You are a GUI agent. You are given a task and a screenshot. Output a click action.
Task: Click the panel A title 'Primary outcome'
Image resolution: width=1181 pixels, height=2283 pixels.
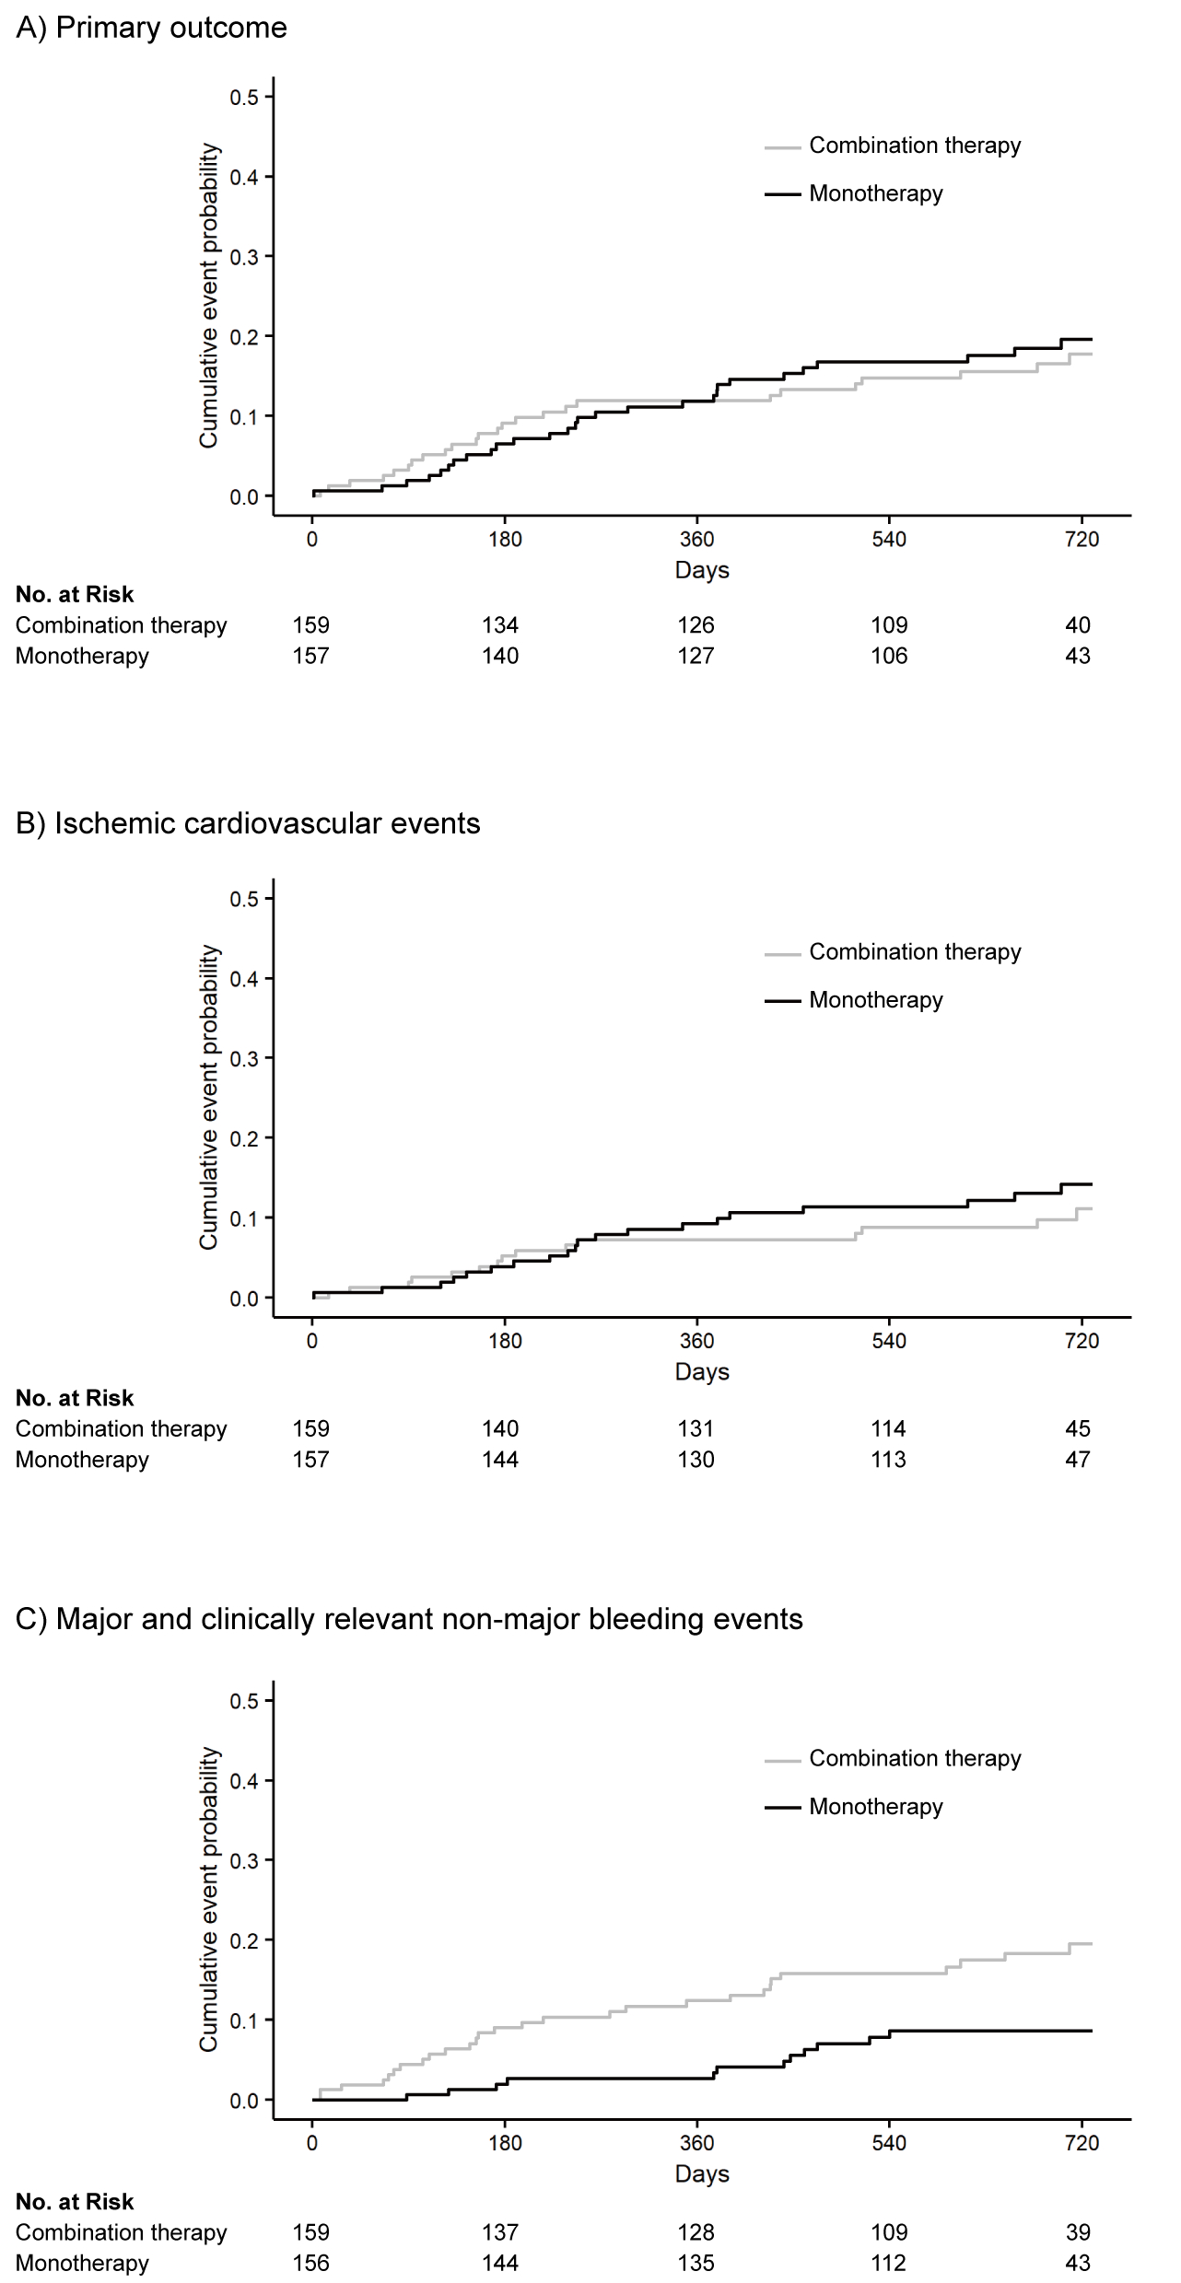[152, 29]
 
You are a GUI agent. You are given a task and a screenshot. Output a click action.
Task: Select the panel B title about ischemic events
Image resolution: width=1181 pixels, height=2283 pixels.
[248, 823]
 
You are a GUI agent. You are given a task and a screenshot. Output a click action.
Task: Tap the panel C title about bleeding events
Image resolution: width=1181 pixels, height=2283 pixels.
[409, 1619]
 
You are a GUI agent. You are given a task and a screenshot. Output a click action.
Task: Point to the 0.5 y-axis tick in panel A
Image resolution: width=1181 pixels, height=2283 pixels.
[246, 97]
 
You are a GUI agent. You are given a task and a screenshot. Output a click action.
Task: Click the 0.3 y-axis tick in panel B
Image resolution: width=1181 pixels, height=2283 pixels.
[246, 1058]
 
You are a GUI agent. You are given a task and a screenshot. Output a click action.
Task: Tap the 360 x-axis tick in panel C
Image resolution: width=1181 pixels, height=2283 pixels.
[696, 2143]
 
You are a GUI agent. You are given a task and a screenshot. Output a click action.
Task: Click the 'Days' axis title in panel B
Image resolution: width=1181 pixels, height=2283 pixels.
[702, 1372]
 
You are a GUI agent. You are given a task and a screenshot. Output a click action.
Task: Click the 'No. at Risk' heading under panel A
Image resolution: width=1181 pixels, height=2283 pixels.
[75, 595]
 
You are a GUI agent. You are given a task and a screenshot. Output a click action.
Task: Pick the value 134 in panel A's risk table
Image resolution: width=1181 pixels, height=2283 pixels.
[500, 625]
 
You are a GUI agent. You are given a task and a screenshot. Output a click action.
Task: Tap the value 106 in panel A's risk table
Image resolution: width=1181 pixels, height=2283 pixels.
[889, 656]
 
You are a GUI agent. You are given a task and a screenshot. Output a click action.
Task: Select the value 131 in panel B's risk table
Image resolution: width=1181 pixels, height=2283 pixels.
[696, 1428]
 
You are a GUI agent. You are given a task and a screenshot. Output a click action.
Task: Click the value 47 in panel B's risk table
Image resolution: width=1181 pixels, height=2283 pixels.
[1078, 1460]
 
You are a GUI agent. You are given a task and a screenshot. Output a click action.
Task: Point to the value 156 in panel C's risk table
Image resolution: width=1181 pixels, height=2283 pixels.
[311, 2263]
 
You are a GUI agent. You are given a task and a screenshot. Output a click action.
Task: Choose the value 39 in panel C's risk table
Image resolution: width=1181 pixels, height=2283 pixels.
[1078, 2232]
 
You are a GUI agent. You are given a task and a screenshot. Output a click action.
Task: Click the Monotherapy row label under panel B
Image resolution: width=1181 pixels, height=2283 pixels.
[82, 1460]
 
